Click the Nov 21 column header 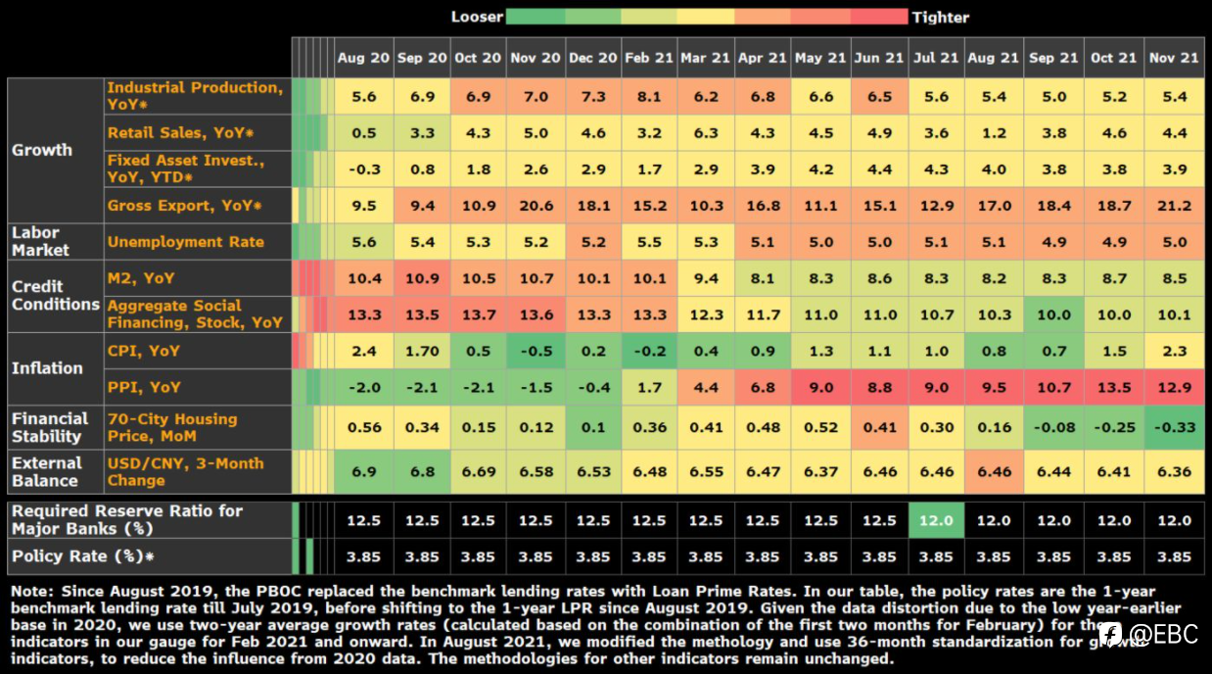click(1174, 58)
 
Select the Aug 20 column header click(363, 58)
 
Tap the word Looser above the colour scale click(477, 17)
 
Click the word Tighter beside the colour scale click(941, 18)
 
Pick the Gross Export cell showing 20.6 click(536, 206)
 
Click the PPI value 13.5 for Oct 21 click(1113, 388)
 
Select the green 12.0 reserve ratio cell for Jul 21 click(936, 520)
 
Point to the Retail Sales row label click(180, 132)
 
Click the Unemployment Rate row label click(186, 242)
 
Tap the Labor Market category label click(40, 241)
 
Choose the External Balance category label click(47, 472)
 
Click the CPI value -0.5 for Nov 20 click(536, 352)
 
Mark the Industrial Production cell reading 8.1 click(649, 96)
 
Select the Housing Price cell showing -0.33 click(1174, 428)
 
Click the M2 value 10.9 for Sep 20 click(422, 278)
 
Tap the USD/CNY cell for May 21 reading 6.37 click(820, 472)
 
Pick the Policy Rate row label click(83, 556)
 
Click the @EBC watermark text click(1163, 634)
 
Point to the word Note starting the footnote click(31, 591)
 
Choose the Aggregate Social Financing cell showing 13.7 click(478, 314)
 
